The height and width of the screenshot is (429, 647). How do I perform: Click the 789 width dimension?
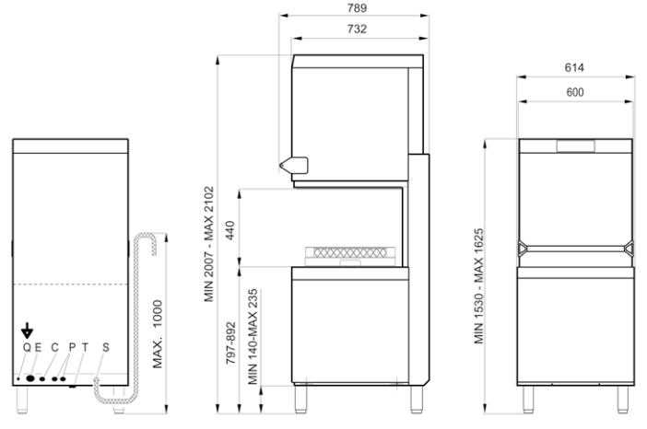tap(357, 8)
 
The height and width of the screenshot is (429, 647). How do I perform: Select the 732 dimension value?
tap(357, 29)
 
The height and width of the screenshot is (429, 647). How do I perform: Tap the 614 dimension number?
tap(574, 67)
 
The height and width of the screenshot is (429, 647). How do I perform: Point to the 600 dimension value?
tap(575, 92)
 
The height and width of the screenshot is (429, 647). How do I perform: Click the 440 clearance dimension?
tap(229, 230)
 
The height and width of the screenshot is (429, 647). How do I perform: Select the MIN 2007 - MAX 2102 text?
tap(209, 244)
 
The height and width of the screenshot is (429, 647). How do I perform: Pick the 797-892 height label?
tap(230, 343)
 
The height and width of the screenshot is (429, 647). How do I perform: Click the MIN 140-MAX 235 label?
tap(253, 337)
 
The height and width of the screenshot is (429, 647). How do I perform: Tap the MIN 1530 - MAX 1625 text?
tap(478, 286)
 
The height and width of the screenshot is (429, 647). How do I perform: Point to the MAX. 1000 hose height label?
tap(158, 334)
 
